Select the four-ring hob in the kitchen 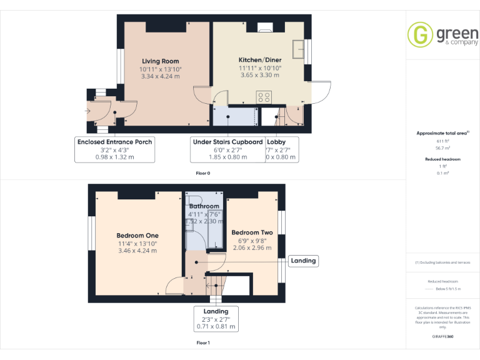(264, 97)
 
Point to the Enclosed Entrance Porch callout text (114, 142)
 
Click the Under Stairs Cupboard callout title (227, 142)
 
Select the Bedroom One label (137, 236)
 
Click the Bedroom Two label (252, 232)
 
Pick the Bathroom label (204, 206)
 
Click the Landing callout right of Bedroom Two (303, 261)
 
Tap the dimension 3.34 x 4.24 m (160, 76)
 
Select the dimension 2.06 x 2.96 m (252, 247)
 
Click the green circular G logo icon (420, 34)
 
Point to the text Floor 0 (203, 172)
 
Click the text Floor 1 (203, 342)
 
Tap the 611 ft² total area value (442, 142)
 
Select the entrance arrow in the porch (88, 111)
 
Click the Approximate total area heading (442, 133)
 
